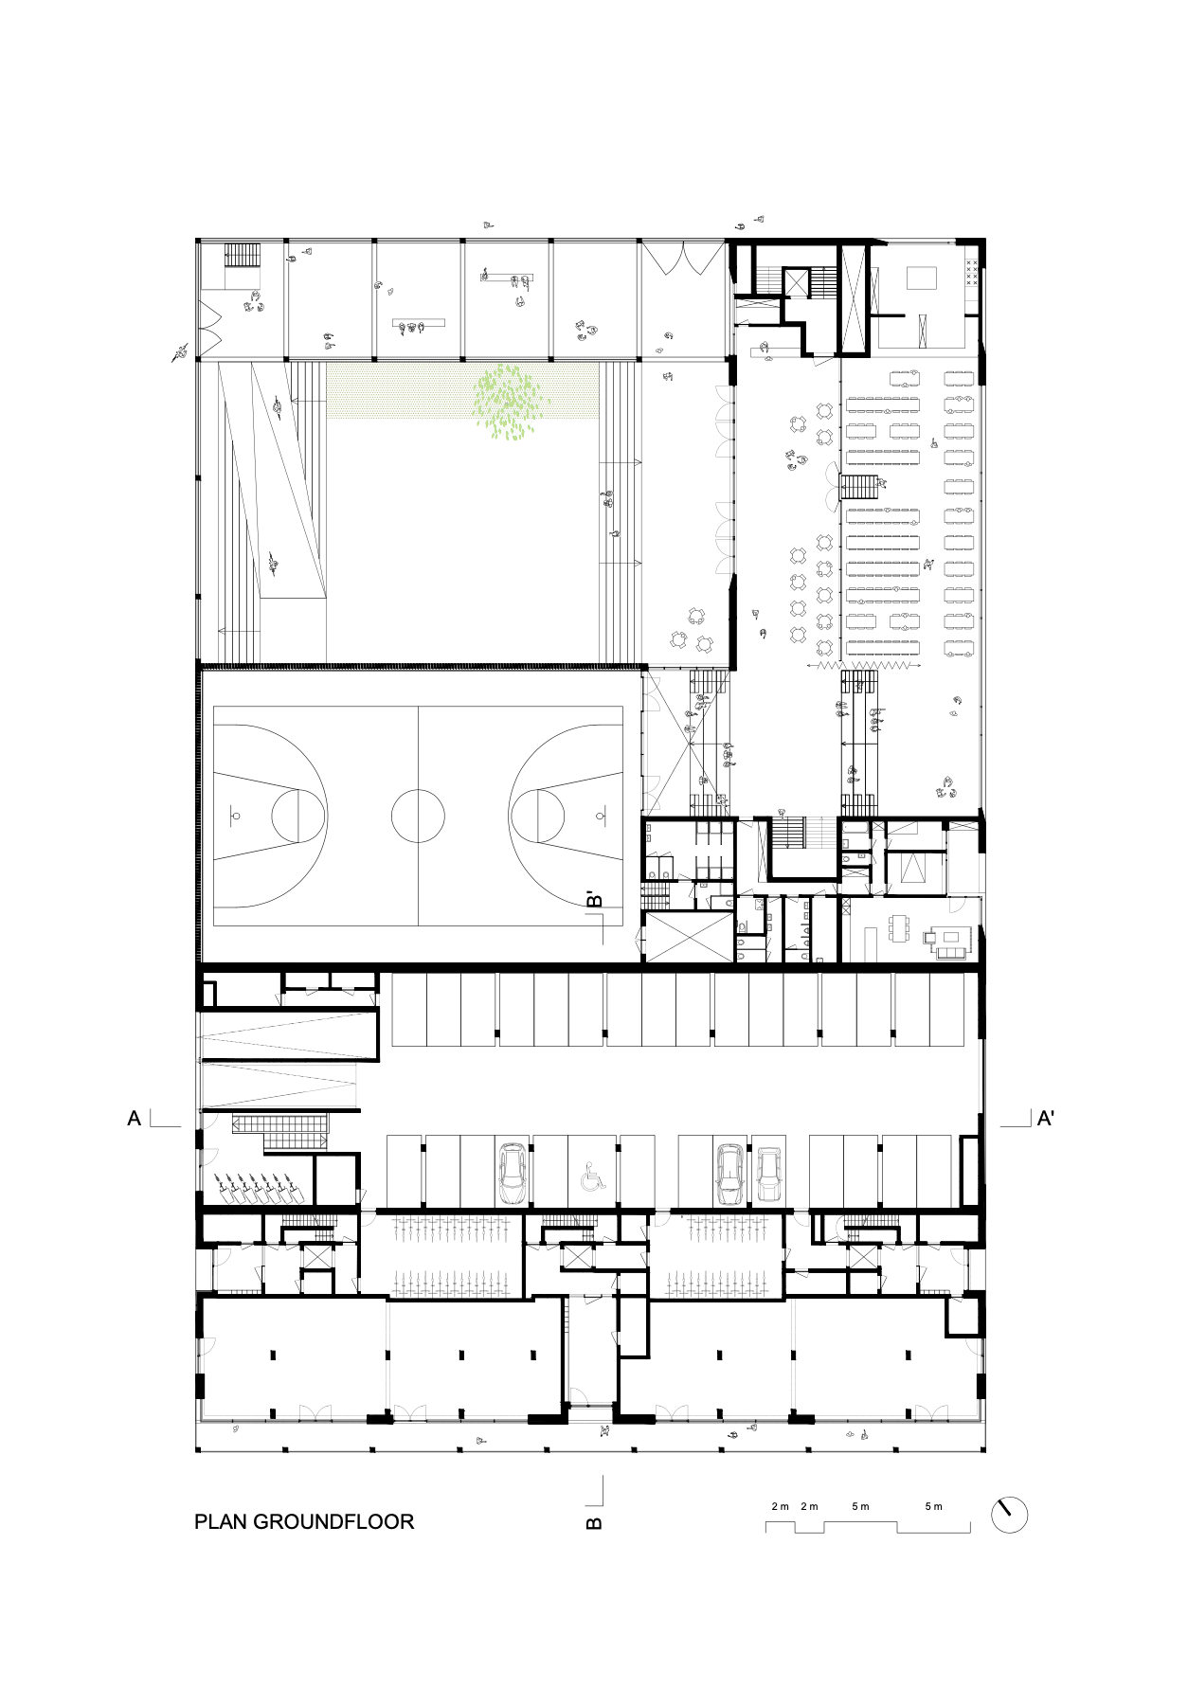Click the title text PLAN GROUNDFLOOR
point(304,1521)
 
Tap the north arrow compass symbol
point(1009,1515)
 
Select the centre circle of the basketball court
point(418,816)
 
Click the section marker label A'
point(1046,1119)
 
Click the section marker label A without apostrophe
point(135,1119)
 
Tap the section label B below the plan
point(594,1523)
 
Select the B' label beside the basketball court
point(594,899)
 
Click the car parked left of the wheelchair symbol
point(513,1174)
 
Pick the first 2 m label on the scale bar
point(781,1506)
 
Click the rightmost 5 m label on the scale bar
point(933,1506)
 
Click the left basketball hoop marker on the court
point(235,816)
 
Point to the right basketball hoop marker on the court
point(601,816)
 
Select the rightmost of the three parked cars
point(769,1175)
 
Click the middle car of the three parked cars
point(730,1175)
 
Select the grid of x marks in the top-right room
point(971,272)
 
